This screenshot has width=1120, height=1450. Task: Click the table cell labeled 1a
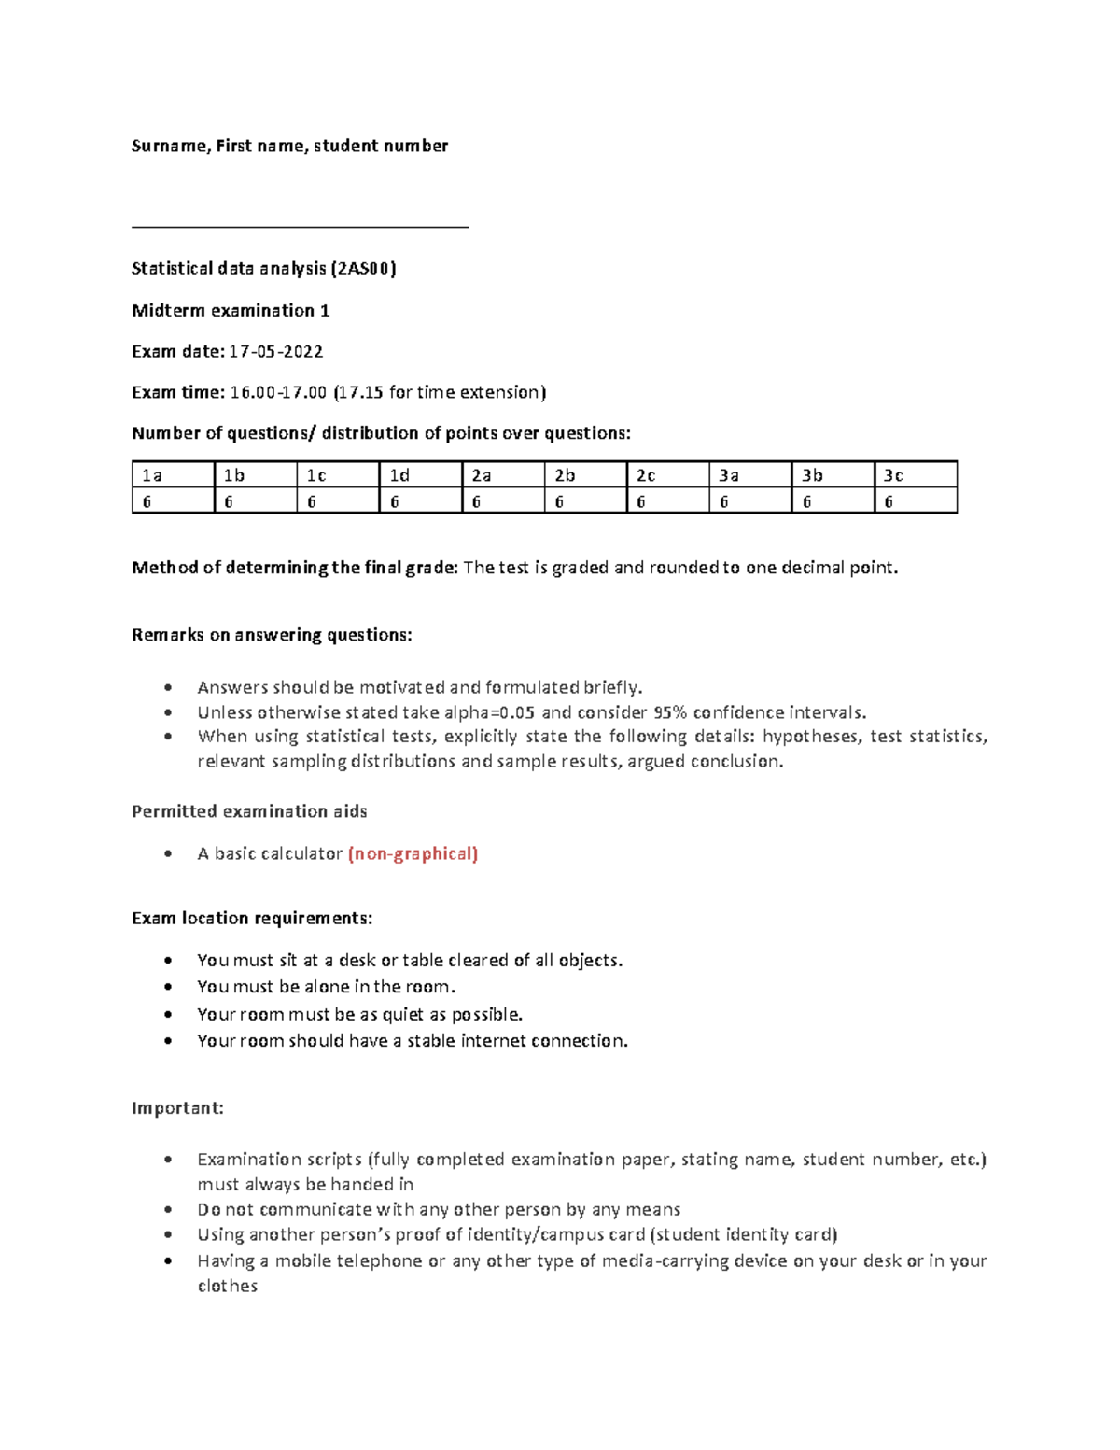(173, 475)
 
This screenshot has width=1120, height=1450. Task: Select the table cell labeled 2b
(585, 475)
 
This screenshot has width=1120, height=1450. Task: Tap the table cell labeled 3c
(915, 475)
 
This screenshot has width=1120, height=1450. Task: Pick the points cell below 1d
(420, 501)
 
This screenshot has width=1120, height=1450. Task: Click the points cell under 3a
(749, 501)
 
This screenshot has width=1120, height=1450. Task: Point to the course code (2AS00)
(364, 269)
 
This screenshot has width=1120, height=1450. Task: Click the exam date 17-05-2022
(276, 352)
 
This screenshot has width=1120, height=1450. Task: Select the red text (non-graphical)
(413, 853)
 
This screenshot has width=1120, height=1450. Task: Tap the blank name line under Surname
(300, 224)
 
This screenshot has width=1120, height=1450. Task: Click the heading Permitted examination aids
(249, 811)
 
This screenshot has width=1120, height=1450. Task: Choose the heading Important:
(177, 1108)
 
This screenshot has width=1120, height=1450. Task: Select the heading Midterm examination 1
(231, 311)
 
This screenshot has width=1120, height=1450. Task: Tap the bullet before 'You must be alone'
(168, 987)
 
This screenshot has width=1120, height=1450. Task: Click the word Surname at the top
(169, 146)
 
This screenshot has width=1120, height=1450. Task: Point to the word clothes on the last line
(227, 1286)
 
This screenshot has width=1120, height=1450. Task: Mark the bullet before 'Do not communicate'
(168, 1210)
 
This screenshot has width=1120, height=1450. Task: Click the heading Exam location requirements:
(252, 919)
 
